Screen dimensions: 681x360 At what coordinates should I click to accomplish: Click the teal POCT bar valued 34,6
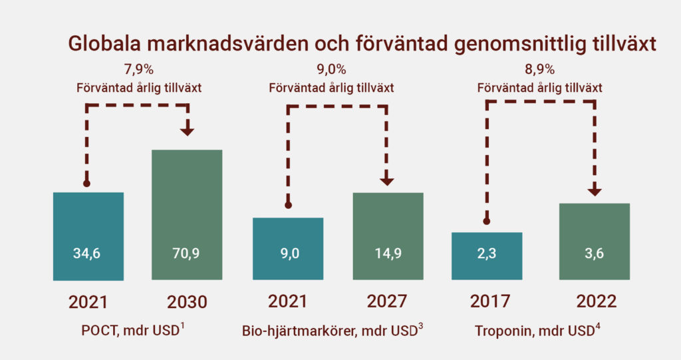[88, 236]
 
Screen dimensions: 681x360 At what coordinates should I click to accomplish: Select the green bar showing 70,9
[187, 215]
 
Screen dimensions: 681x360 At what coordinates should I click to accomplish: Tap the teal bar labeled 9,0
[288, 249]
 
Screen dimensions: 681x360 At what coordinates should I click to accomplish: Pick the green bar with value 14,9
[388, 236]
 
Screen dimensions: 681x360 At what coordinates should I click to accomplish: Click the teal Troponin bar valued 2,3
[487, 256]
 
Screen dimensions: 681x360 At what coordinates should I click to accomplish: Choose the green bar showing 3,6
[595, 242]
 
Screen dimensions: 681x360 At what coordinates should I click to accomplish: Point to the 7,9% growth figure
[139, 69]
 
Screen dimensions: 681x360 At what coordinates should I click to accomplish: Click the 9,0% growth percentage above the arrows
[331, 69]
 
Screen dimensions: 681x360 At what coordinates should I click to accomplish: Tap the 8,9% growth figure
[540, 69]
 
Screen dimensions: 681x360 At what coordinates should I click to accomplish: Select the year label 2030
[187, 302]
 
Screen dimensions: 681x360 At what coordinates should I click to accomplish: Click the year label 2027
[387, 301]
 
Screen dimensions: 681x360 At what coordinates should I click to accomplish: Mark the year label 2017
[490, 301]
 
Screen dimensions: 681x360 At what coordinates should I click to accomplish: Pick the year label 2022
[597, 301]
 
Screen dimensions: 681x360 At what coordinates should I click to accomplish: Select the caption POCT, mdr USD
[130, 331]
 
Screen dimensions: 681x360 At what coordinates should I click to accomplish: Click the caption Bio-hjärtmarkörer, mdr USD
[330, 331]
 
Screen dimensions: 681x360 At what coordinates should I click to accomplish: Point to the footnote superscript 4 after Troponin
[598, 327]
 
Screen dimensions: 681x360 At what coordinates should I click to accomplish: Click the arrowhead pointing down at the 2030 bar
[187, 131]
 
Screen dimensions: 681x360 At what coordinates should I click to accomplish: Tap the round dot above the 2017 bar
[487, 222]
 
